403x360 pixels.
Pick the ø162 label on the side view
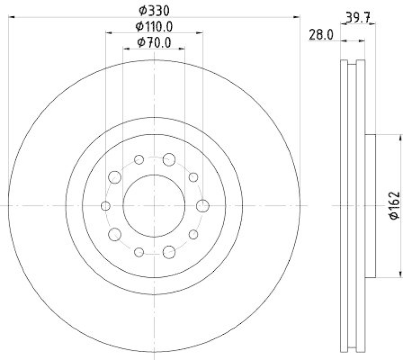pyautogui.click(x=394, y=205)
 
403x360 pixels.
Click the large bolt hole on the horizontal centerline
pyautogui.click(x=203, y=205)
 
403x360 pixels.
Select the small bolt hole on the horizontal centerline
pyautogui.click(x=106, y=205)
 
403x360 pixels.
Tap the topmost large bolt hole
pyautogui.click(x=169, y=159)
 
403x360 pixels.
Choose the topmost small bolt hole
pyautogui.click(x=140, y=160)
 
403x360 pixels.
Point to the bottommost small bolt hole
pyautogui.click(x=140, y=251)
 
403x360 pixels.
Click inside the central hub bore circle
pyautogui.click(x=154, y=205)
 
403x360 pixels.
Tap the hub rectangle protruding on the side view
pyautogui.click(x=370, y=205)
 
